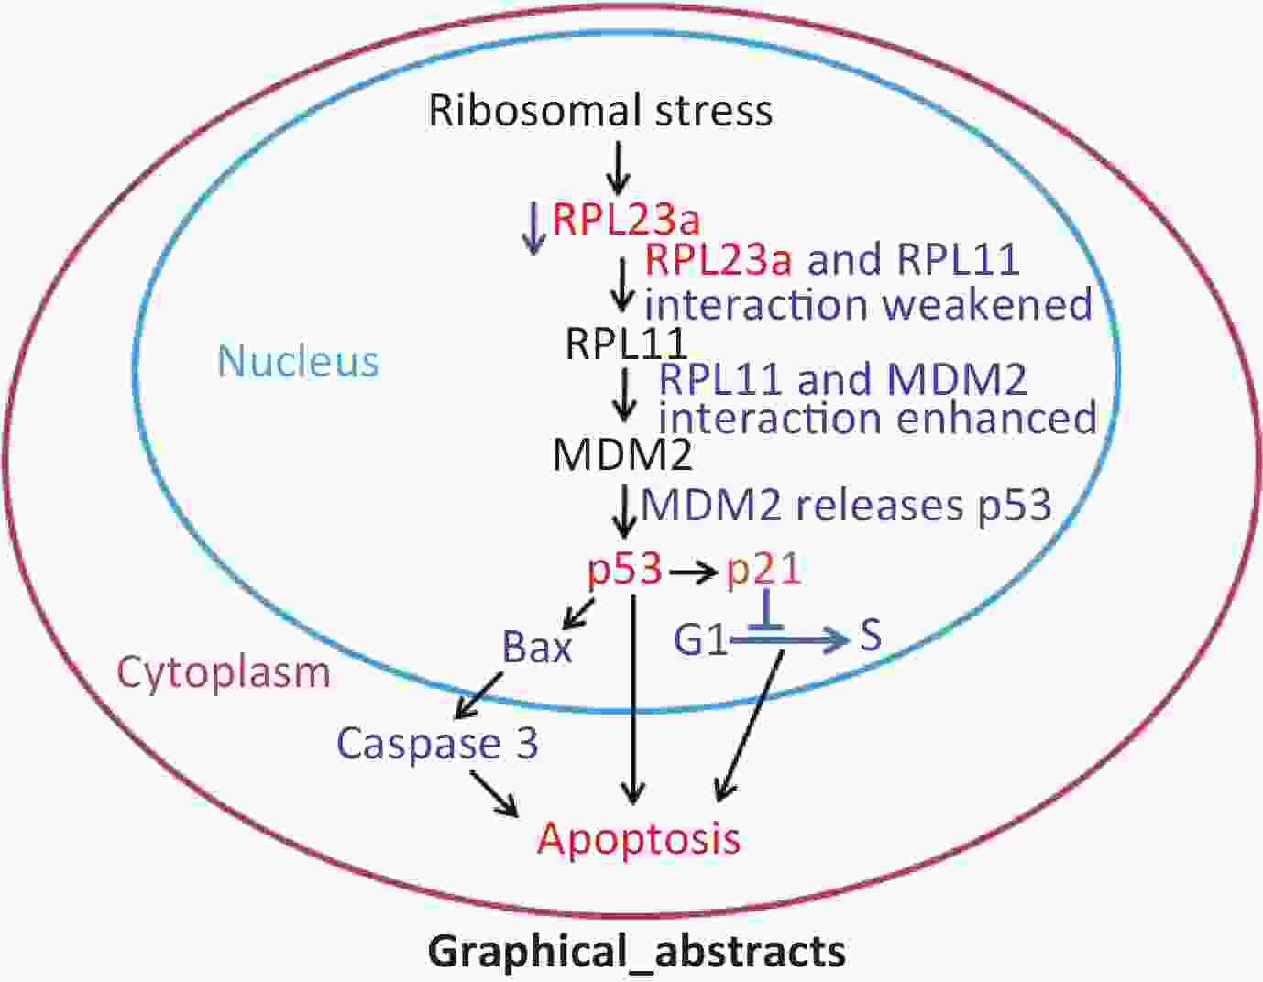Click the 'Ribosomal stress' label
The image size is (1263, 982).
600,110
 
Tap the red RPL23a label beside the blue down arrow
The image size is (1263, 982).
626,220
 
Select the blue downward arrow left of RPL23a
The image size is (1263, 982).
533,227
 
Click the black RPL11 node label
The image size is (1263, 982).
627,344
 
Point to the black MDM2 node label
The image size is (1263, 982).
622,454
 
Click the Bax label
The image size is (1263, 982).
536,647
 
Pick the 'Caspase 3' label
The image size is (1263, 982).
438,744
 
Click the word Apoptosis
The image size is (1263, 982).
639,839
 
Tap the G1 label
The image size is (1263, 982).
700,640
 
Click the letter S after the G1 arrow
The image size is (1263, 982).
870,635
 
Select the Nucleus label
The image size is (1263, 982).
298,361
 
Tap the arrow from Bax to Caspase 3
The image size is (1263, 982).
479,695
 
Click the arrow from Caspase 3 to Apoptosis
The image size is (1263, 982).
494,794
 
